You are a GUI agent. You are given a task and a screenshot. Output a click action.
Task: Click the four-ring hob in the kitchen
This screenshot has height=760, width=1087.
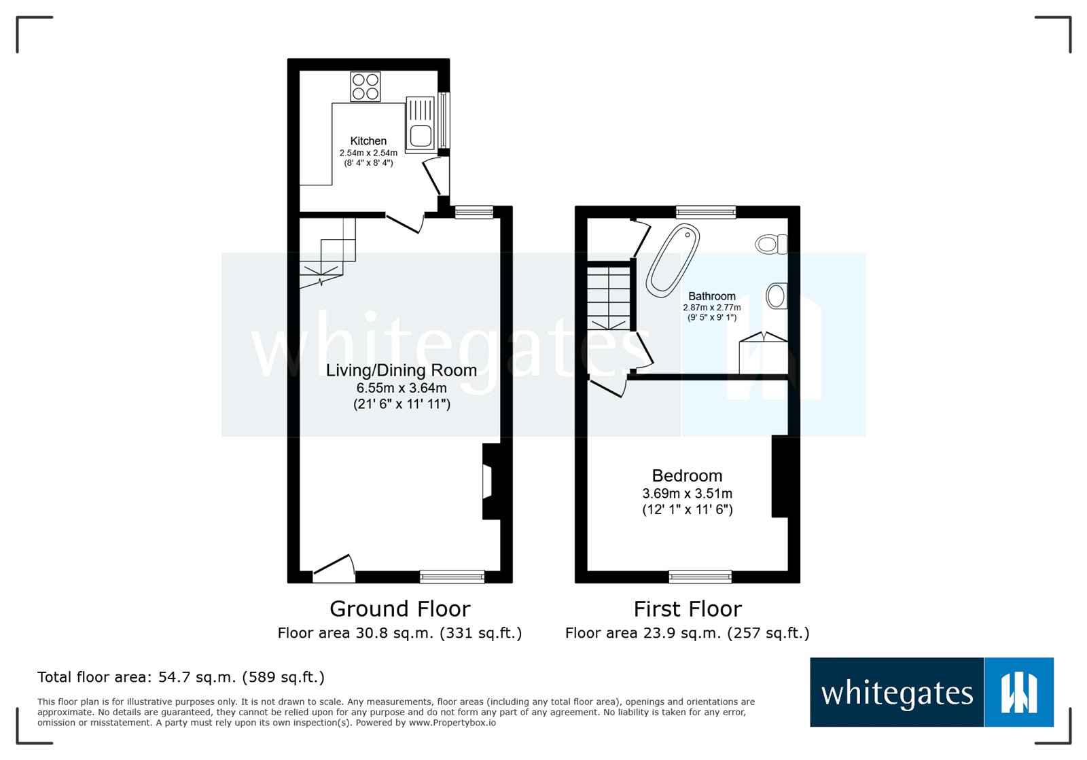[365, 86]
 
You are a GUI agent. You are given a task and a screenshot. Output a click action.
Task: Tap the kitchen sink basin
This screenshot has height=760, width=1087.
[421, 135]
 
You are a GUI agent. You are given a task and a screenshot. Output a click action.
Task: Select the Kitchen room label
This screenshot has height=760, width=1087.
[368, 141]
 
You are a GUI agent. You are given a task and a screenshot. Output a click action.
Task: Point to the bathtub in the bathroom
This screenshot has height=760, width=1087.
[673, 260]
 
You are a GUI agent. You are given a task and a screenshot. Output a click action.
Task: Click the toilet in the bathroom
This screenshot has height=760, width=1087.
[771, 243]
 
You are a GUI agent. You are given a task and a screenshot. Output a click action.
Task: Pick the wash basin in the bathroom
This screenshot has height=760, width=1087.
[777, 295]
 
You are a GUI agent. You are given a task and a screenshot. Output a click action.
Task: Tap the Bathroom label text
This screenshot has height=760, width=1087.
[712, 296]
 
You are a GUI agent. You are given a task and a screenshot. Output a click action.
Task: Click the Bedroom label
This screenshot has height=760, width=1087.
[687, 475]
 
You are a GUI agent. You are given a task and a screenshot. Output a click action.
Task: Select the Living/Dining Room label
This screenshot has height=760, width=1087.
[402, 370]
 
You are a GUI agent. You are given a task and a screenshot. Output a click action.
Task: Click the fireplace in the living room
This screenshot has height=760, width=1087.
[490, 481]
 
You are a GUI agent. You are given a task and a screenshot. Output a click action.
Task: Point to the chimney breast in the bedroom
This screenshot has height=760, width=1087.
[779, 476]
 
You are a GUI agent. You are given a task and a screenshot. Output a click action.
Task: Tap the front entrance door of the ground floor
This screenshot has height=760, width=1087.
[334, 568]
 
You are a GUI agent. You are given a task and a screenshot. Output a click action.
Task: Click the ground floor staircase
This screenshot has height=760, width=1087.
[327, 253]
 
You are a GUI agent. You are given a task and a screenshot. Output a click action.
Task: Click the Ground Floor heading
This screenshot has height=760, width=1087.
[400, 609]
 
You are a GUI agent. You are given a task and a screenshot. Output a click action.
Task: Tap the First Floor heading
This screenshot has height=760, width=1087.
[688, 609]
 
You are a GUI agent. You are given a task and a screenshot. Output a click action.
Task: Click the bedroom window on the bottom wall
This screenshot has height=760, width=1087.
[700, 576]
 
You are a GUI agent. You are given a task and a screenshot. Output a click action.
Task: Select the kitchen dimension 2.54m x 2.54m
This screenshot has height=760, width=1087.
[368, 153]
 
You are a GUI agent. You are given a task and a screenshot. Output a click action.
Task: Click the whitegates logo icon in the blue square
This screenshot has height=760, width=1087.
[1019, 692]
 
